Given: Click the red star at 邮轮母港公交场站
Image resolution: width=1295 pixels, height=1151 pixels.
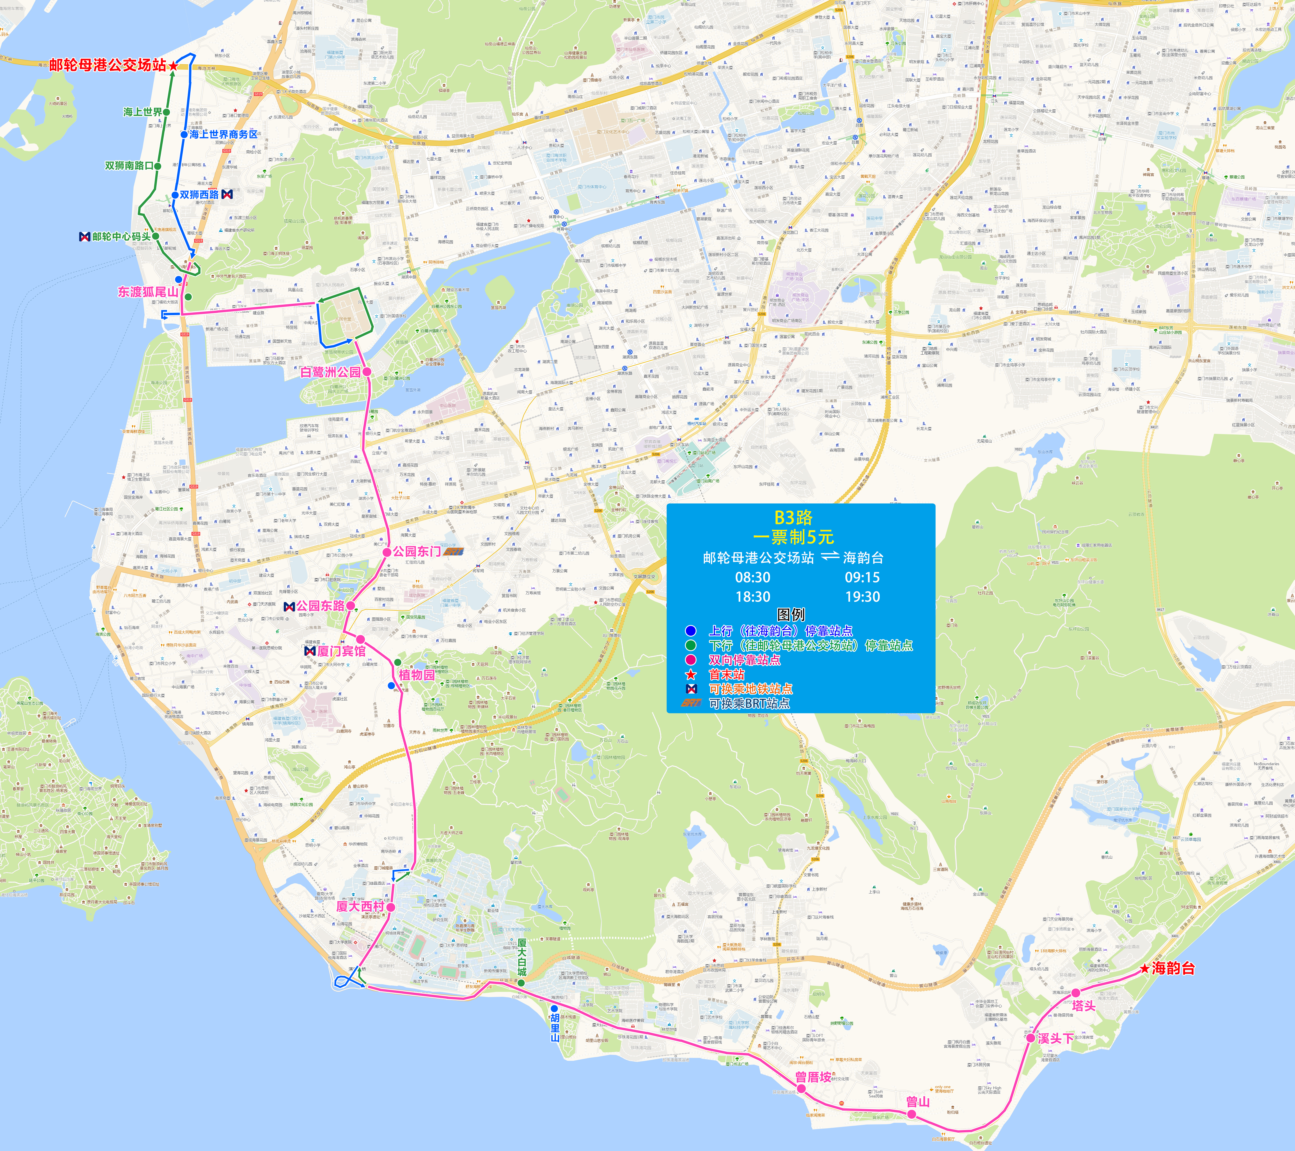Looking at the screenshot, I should [173, 66].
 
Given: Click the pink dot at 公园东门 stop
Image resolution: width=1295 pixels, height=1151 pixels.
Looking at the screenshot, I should [386, 552].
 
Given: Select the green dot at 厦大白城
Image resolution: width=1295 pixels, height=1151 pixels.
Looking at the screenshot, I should [521, 983].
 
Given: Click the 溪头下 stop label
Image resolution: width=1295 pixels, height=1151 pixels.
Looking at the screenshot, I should [1055, 1038].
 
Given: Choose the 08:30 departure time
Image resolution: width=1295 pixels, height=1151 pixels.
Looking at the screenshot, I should [753, 577].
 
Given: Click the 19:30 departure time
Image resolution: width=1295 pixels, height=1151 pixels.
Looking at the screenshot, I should [862, 597].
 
